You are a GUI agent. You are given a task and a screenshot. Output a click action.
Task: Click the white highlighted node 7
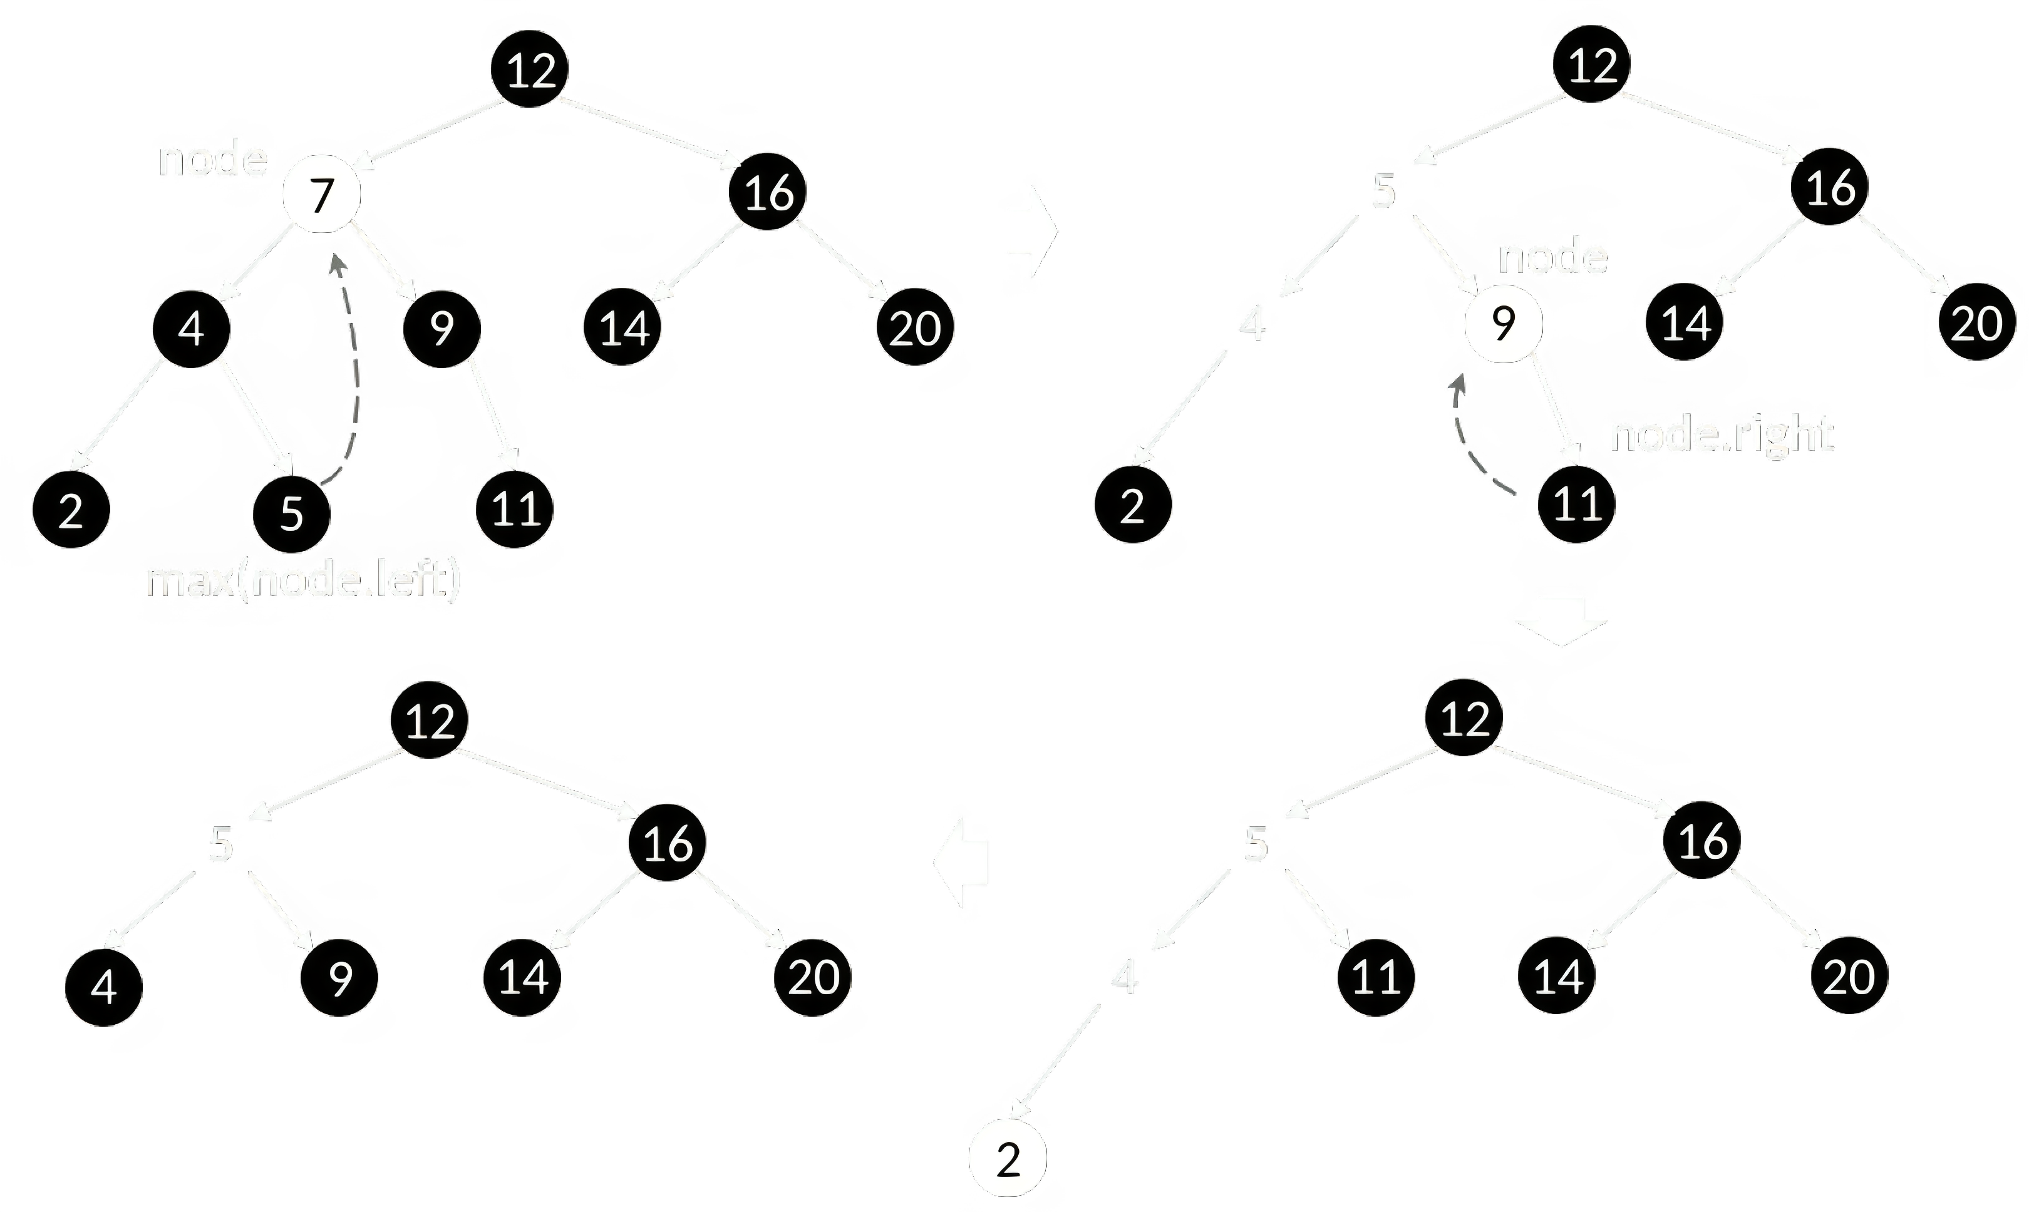click(321, 194)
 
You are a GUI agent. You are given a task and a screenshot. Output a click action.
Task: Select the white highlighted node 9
click(1504, 324)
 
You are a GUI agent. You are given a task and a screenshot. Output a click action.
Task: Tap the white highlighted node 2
click(1008, 1160)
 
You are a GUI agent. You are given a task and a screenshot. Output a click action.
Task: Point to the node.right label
click(1721, 434)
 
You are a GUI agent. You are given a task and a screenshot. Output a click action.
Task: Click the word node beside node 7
click(212, 158)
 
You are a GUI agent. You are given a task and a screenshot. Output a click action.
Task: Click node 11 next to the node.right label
click(1576, 504)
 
